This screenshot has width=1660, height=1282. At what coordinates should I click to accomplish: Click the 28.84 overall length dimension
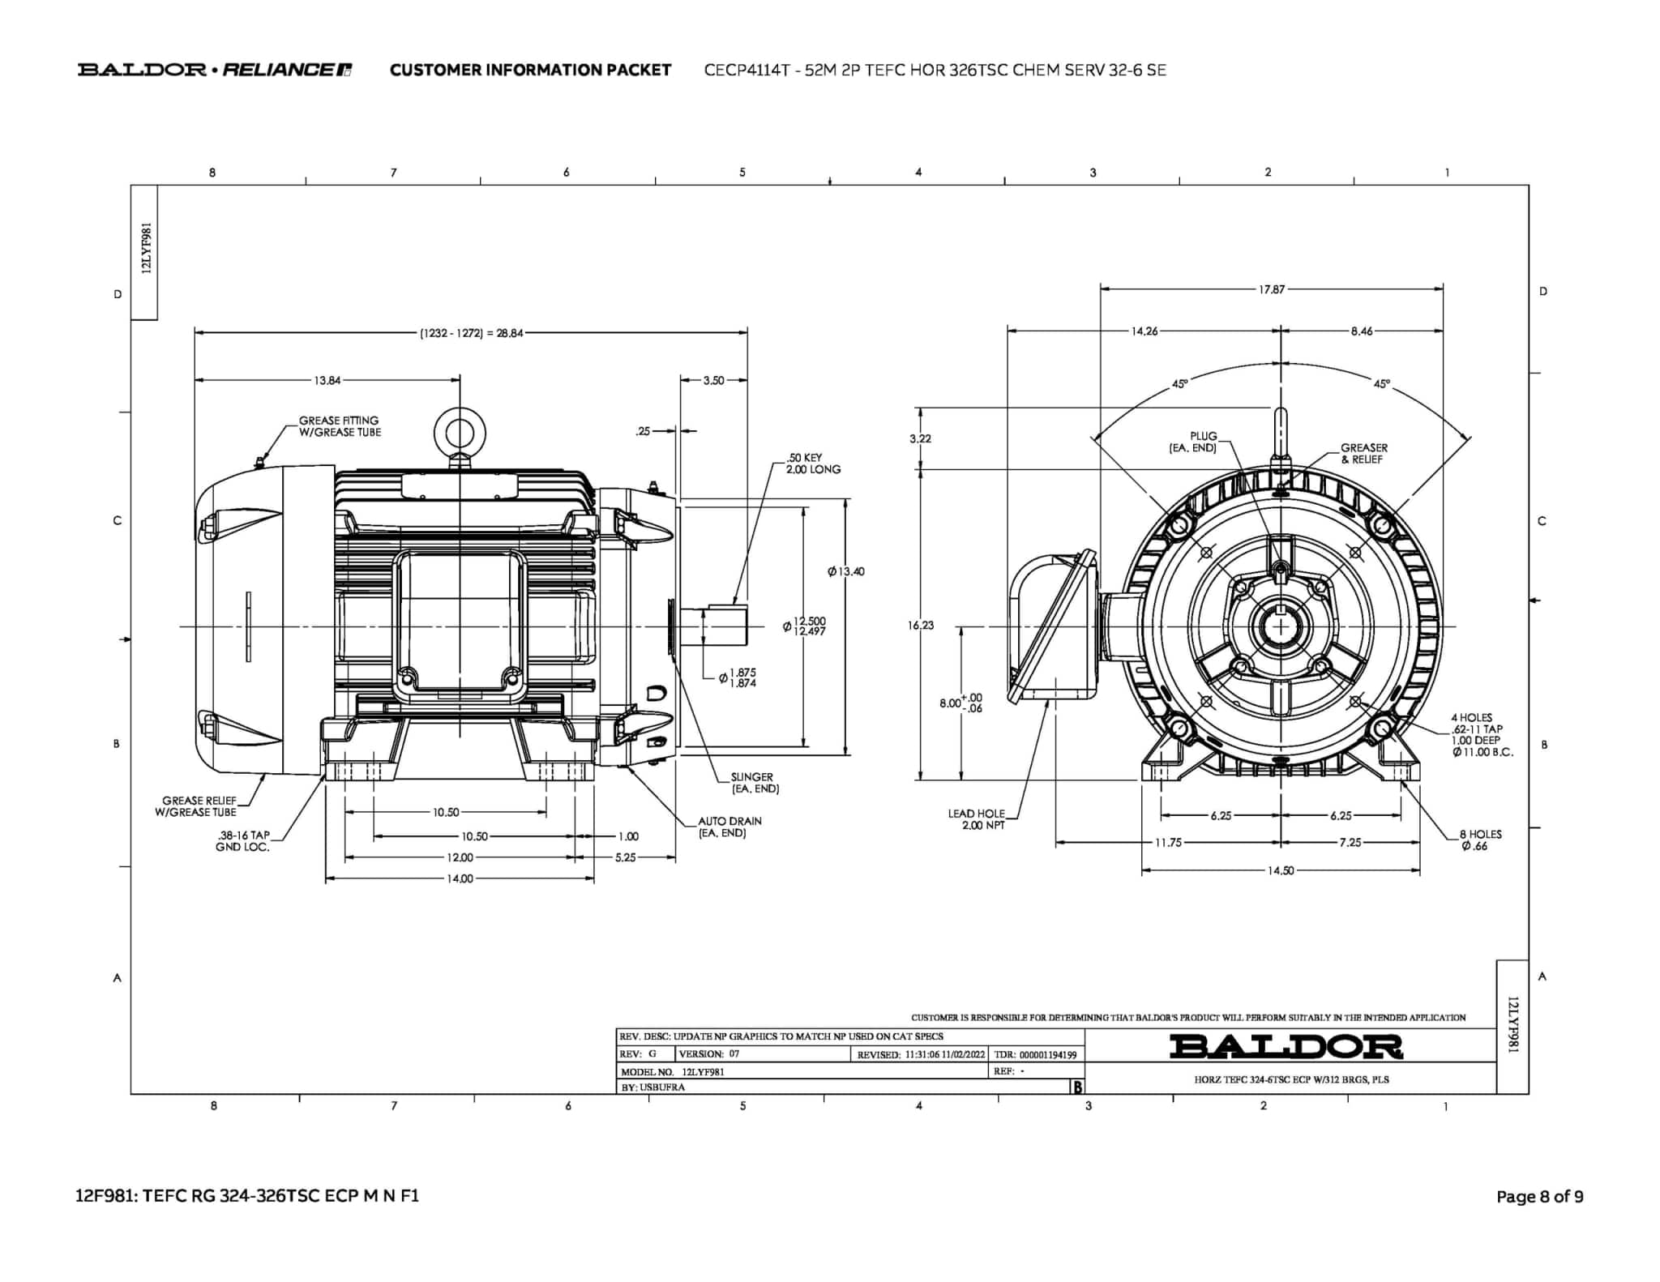coord(471,333)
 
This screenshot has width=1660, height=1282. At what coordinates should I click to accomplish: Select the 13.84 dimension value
coord(327,380)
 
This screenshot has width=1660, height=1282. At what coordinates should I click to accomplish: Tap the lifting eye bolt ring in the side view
coord(460,431)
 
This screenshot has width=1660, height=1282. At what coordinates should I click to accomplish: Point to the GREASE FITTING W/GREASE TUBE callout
coord(340,426)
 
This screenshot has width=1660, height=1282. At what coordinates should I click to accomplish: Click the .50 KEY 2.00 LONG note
coord(813,464)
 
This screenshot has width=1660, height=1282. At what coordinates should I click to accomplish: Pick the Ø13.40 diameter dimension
coord(845,571)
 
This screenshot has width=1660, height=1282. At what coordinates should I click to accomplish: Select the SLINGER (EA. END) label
coord(754,783)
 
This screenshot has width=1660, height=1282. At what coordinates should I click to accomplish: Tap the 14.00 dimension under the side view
coord(460,878)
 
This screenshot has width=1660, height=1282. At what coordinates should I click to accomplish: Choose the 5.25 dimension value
coord(625,857)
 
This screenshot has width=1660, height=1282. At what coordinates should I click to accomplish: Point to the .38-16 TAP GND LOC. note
coord(242,841)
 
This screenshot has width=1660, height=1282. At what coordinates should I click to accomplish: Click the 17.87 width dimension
coord(1271,289)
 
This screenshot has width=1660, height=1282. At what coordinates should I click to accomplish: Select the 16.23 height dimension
coord(922,625)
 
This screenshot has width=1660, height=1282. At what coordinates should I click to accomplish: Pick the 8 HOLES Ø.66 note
coord(1480,840)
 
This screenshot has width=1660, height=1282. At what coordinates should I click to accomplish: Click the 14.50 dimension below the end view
coord(1281,870)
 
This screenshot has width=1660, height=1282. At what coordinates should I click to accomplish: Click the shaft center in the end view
coord(1281,626)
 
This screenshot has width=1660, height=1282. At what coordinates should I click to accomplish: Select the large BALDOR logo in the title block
coord(1286,1046)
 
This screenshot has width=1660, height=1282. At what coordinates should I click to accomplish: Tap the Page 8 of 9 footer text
coord(1539,1196)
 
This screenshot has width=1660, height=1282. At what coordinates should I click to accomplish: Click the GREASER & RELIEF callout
coord(1363,453)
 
